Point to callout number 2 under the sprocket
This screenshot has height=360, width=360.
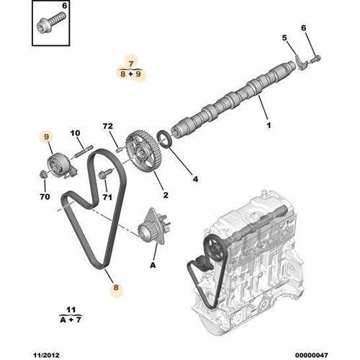pos(165,194)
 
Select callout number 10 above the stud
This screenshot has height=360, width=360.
pos(75,133)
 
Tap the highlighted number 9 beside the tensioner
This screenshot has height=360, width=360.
pos(46,135)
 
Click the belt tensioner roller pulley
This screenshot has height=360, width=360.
pos(53,163)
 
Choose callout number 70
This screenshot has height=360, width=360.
pos(44,195)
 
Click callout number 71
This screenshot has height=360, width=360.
pos(107,196)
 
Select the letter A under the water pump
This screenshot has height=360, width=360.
pos(153,264)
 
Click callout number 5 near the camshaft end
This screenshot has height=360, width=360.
pos(284,37)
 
